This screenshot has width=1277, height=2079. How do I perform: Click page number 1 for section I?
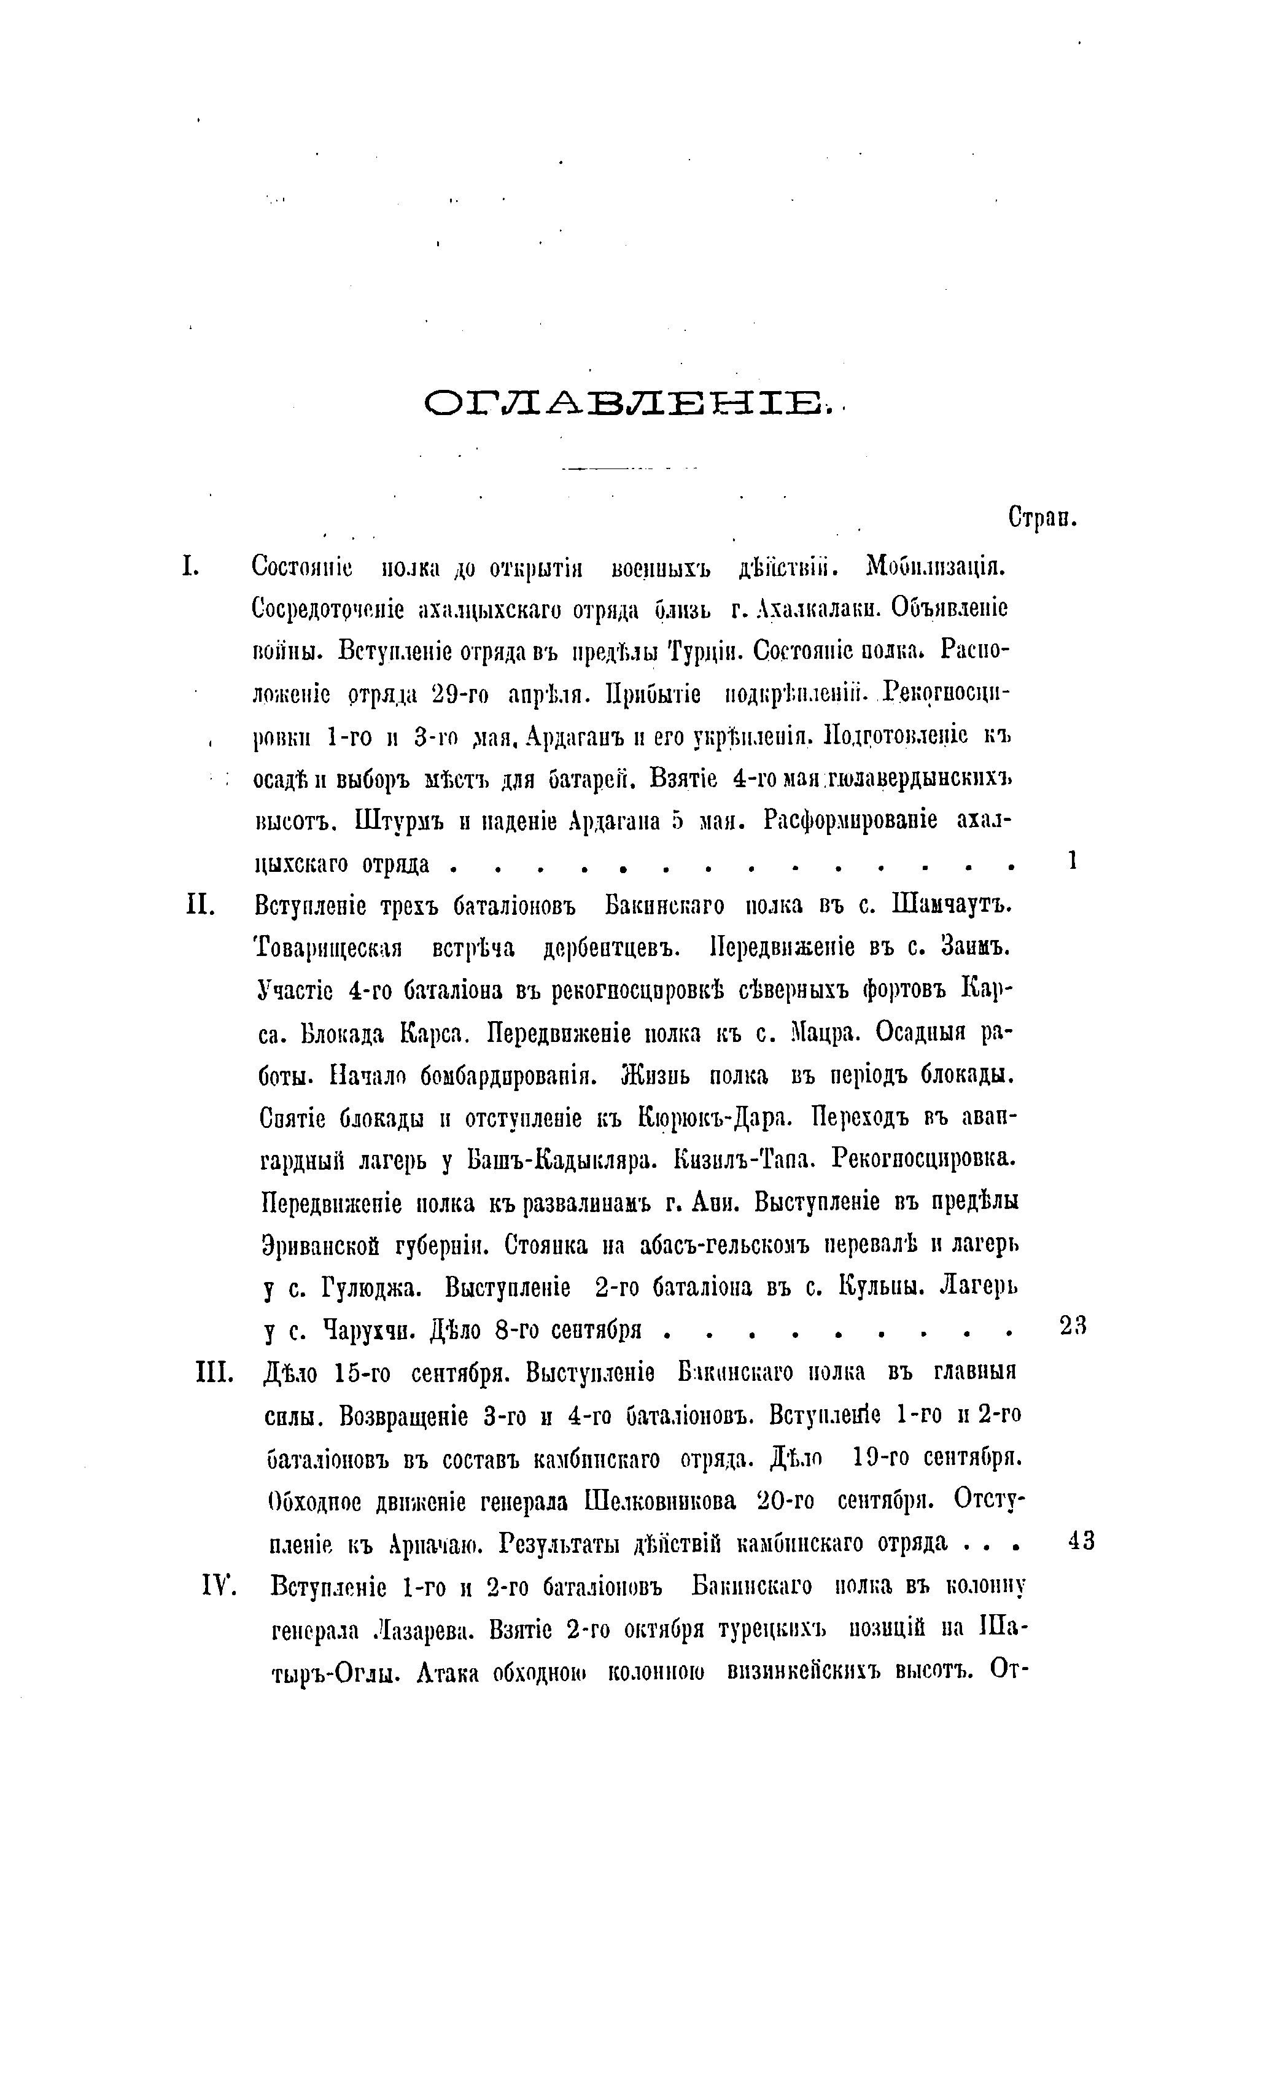(1072, 860)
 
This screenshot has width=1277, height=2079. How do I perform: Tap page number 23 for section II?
(1073, 1327)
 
